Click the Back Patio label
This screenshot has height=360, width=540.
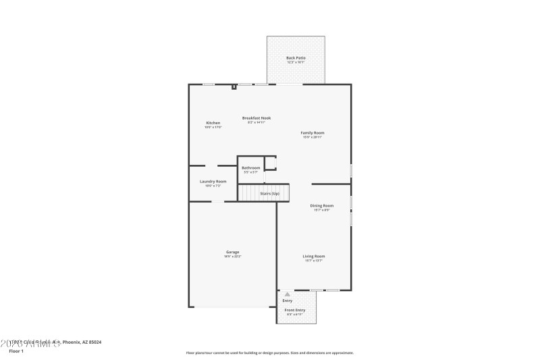tap(296, 58)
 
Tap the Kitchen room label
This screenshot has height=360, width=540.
tap(213, 123)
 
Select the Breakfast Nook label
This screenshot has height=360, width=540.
tap(256, 118)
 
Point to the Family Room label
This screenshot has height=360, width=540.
tap(313, 133)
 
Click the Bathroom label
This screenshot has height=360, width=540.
tap(251, 168)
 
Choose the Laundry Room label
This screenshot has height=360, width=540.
tap(213, 181)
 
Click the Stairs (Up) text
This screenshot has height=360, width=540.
tap(270, 194)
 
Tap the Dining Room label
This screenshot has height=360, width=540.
tap(321, 205)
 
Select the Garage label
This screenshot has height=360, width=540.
tap(232, 252)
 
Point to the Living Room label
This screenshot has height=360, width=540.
tap(313, 256)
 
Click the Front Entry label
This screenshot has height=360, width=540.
tap(295, 310)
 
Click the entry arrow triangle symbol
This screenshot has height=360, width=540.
tap(288, 294)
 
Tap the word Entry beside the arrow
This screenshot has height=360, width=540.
tap(288, 301)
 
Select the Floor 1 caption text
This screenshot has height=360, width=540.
tap(16, 351)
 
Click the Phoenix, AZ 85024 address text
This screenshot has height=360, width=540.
tap(82, 342)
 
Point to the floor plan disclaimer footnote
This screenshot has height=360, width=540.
tap(269, 353)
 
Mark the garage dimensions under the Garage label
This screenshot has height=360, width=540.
tap(232, 257)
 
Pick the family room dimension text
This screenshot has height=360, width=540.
tap(313, 138)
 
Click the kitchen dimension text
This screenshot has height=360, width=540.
tap(213, 128)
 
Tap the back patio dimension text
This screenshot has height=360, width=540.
tap(296, 63)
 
